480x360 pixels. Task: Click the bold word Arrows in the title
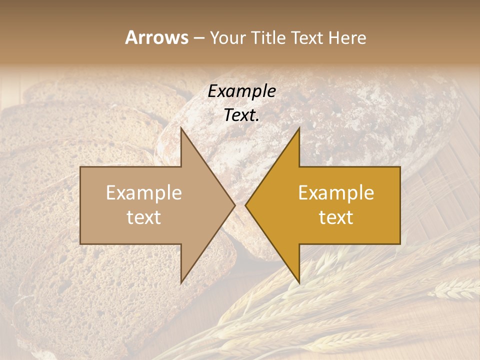pos(156,37)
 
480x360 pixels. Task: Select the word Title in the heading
pos(268,37)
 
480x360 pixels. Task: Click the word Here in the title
pos(347,37)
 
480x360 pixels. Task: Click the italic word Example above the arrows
pos(241,91)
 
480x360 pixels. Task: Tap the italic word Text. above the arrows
pos(241,115)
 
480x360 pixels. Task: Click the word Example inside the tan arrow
pos(144,193)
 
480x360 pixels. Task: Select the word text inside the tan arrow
pos(144,217)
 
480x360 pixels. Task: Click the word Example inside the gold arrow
pos(336,193)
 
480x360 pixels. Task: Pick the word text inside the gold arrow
pos(336,217)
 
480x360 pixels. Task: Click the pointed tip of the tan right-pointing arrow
pos(235,205)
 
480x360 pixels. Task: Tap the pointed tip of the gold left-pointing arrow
pos(245,205)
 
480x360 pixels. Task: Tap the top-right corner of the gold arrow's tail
pos(400,167)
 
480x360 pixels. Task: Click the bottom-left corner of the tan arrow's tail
pos(80,244)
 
